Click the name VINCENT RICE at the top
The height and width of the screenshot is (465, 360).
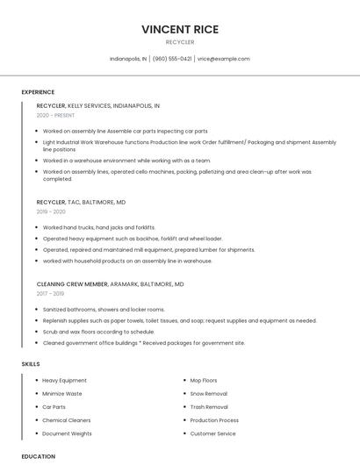[180, 29]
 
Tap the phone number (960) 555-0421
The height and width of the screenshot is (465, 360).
[172, 59]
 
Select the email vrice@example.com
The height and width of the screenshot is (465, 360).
[223, 59]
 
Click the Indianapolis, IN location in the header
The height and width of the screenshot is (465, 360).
[128, 59]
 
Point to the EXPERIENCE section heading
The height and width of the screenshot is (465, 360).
[38, 92]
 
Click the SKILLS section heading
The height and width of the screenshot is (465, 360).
[31, 363]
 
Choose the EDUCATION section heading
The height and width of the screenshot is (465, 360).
[39, 456]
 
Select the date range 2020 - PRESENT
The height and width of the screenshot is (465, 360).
[55, 115]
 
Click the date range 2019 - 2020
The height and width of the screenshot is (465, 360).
[51, 211]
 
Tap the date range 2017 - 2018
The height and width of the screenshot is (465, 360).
[51, 294]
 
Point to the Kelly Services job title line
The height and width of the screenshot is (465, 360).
[97, 105]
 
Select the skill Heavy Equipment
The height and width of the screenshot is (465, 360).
[64, 381]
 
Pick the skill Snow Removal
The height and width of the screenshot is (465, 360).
[208, 394]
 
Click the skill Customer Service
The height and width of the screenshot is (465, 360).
[212, 433]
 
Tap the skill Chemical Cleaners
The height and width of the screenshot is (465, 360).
[67, 420]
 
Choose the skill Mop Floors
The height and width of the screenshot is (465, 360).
[203, 381]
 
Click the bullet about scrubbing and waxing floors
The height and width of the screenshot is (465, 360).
[98, 333]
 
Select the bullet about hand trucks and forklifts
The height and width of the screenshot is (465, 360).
[98, 227]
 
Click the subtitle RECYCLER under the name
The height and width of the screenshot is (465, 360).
[180, 42]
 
